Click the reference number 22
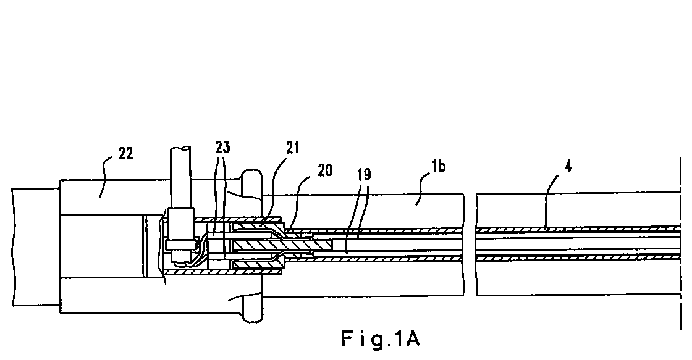tap(126, 154)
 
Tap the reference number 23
tap(223, 147)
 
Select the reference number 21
tap(292, 148)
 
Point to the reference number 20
tap(325, 170)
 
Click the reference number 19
tap(365, 175)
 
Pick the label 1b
tap(438, 166)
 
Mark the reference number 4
tap(568, 166)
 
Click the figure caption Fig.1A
tap(381, 339)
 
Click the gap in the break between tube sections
tap(470, 245)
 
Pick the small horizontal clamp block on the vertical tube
tap(180, 244)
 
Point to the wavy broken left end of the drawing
tap(13, 247)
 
